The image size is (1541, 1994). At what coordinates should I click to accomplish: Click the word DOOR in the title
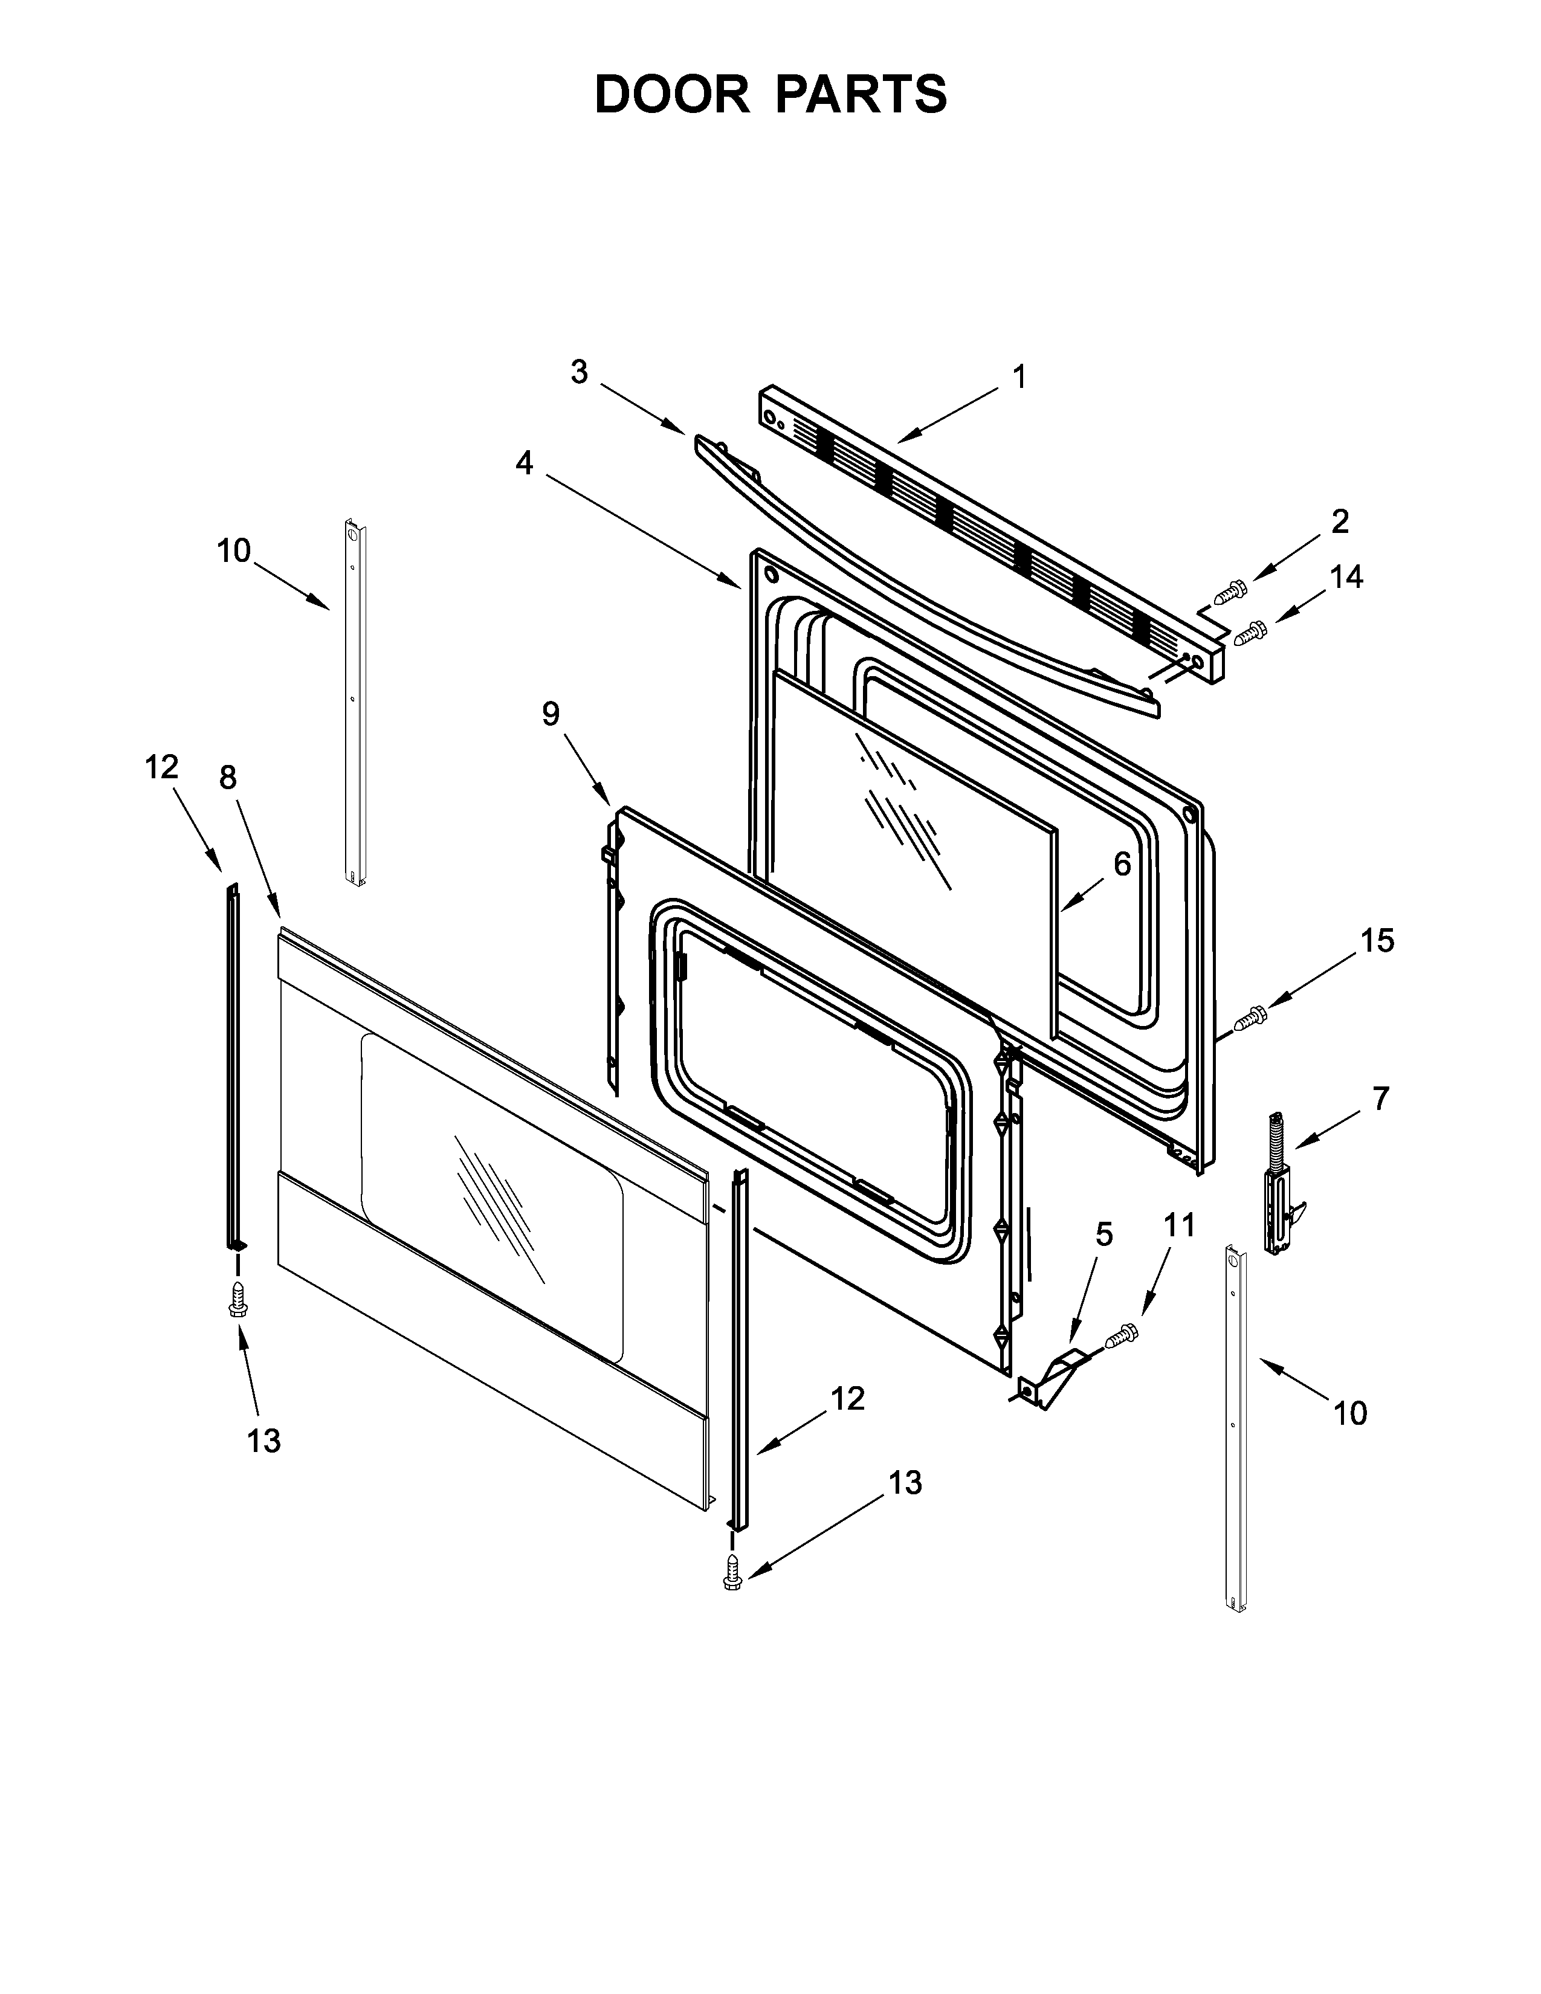(671, 94)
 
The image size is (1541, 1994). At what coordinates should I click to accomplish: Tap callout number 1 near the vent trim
(1019, 377)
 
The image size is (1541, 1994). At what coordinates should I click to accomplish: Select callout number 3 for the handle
(580, 372)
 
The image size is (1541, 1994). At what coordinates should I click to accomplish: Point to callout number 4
(524, 464)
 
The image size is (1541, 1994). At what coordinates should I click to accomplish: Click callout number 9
(551, 714)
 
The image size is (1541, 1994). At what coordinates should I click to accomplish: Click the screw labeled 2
(1230, 592)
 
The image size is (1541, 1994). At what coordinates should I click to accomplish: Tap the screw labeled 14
(1250, 632)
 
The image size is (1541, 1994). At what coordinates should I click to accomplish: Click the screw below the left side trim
(238, 1301)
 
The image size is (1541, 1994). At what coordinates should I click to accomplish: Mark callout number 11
(1180, 1225)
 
